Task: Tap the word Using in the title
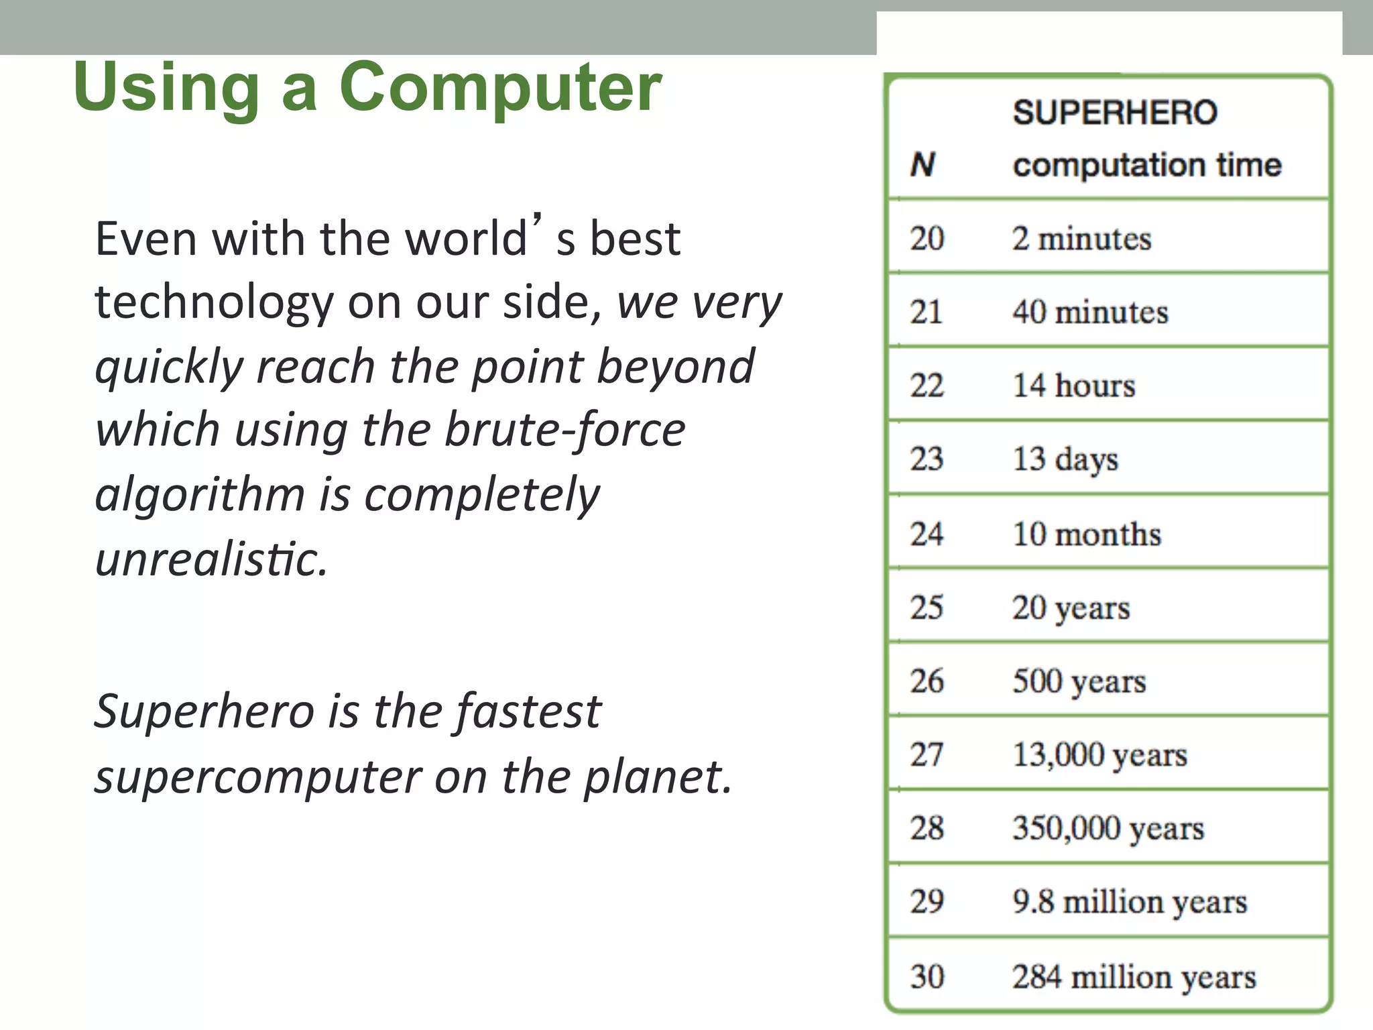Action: point(166,87)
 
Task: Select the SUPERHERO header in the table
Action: point(1114,112)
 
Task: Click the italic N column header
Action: point(923,164)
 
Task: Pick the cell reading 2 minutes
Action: point(1081,239)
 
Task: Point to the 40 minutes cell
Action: point(1090,312)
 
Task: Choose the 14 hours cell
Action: point(1073,386)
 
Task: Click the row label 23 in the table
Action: point(927,459)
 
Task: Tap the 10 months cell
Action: point(1086,534)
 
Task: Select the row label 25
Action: point(927,608)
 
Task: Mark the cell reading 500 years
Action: point(1079,681)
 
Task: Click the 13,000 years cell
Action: point(1099,755)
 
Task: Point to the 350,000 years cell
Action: point(1108,829)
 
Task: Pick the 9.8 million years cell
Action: point(1130,902)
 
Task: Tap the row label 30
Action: point(927,976)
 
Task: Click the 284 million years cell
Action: point(1134,977)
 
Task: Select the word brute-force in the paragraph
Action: point(564,431)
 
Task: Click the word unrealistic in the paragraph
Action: point(211,559)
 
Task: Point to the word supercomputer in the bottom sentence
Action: point(257,777)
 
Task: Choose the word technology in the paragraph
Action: point(214,303)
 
